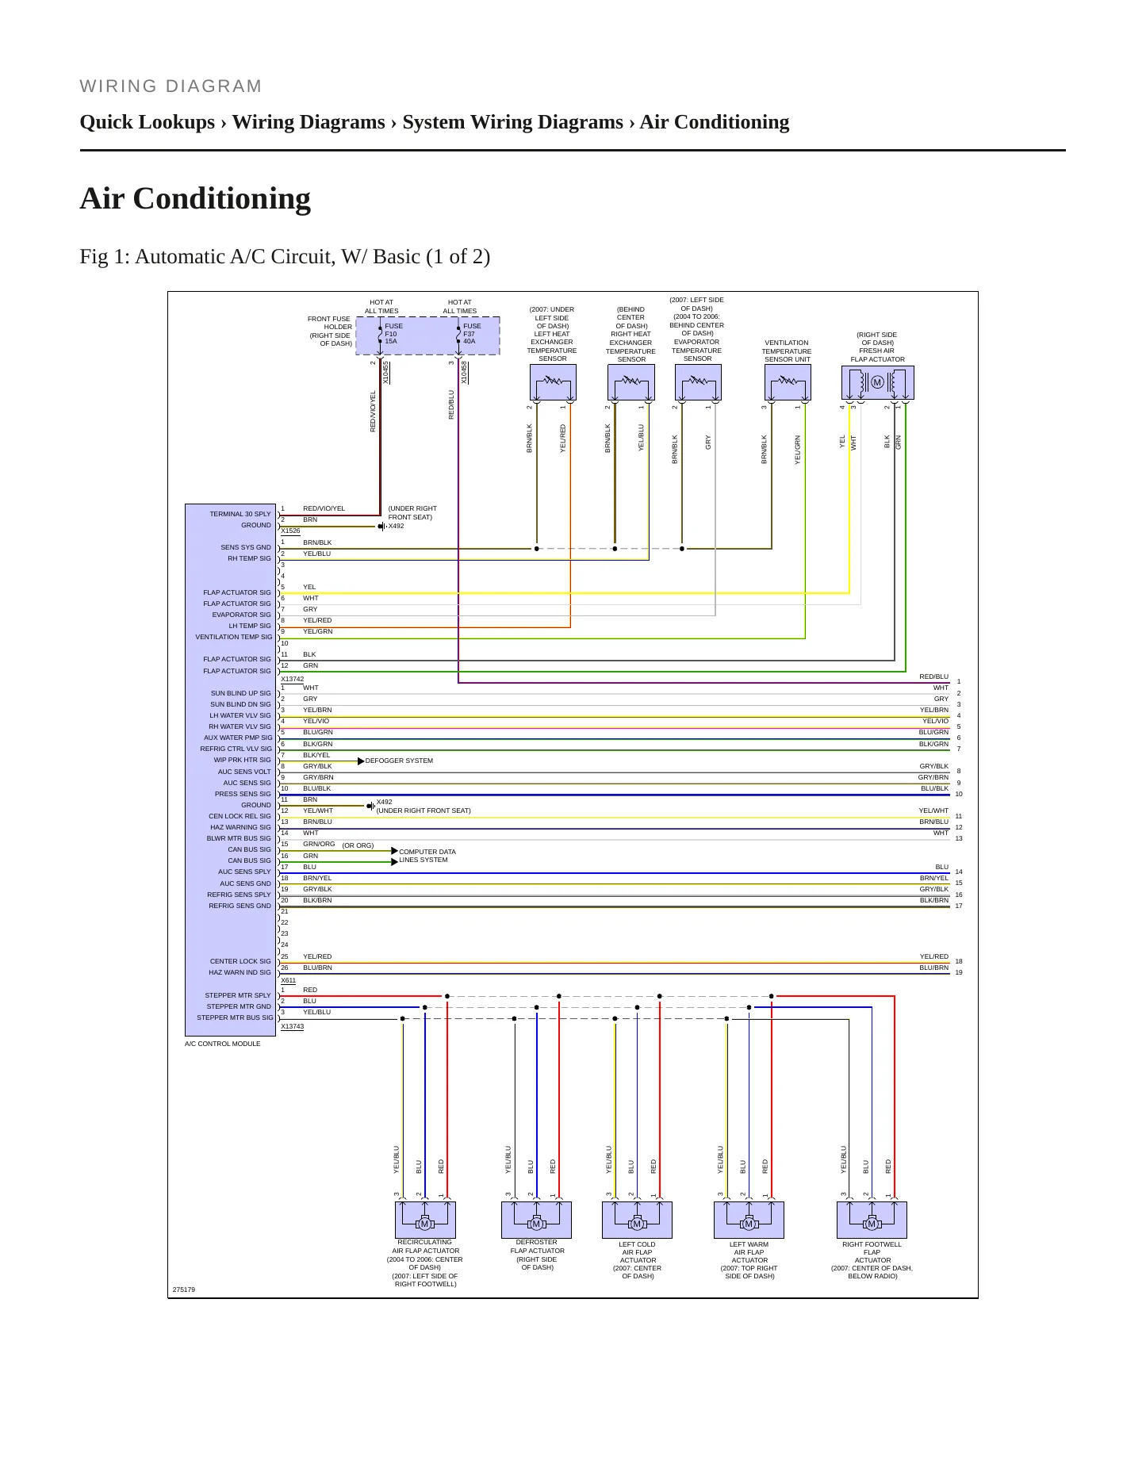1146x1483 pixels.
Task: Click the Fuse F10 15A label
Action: (x=393, y=334)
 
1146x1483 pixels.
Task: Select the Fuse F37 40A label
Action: (x=472, y=334)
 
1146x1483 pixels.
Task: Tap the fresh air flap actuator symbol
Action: (x=877, y=383)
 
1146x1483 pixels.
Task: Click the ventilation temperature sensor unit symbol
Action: (x=788, y=383)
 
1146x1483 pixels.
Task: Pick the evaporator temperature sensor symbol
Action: (x=698, y=383)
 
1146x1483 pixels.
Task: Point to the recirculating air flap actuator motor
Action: (x=425, y=1220)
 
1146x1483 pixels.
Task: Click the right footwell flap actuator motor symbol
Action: (x=872, y=1220)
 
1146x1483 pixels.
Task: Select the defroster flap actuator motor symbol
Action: (x=536, y=1220)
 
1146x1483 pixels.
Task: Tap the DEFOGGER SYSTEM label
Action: (x=399, y=761)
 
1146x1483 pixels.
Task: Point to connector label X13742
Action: (x=293, y=679)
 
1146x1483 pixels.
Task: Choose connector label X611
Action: (x=288, y=980)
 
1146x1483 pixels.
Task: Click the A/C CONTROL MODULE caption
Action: (x=223, y=1044)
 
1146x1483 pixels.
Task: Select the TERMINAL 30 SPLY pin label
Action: (x=240, y=514)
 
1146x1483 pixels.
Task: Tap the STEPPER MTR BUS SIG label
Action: (x=235, y=1017)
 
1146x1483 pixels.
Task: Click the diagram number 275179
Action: (x=184, y=1289)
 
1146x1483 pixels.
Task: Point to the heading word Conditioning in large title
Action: (x=222, y=199)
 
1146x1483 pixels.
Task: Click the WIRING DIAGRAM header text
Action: (x=171, y=86)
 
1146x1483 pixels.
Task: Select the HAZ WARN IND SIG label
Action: (x=240, y=972)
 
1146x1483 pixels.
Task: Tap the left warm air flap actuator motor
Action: (x=749, y=1220)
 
